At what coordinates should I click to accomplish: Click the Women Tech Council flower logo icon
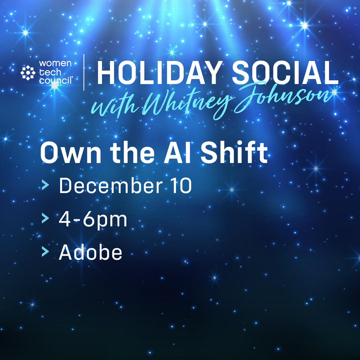[28, 73]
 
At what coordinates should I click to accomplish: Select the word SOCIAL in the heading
[285, 73]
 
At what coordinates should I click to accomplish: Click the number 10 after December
[181, 186]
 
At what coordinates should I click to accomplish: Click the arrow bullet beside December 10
[45, 185]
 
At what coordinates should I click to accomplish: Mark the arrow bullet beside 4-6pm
[45, 218]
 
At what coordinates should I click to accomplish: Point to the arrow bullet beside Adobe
[45, 252]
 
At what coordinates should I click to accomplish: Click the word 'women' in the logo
[55, 63]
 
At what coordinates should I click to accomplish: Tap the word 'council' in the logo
[56, 81]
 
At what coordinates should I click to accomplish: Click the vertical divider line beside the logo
[84, 72]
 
